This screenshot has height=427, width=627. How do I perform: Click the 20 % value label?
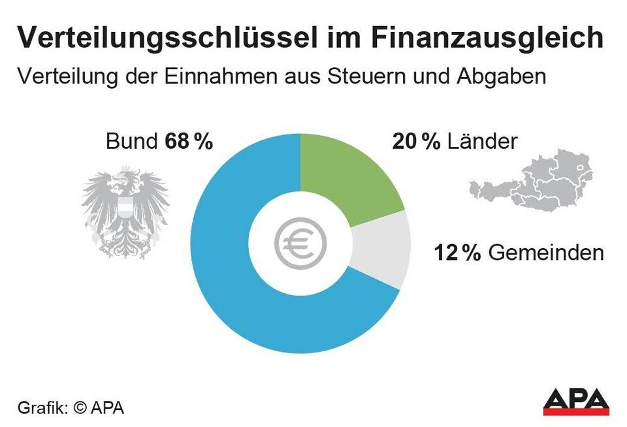(x=416, y=142)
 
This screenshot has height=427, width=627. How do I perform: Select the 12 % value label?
(x=457, y=253)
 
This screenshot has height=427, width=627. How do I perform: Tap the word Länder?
(x=483, y=142)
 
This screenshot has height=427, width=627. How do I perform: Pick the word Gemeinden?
(x=546, y=253)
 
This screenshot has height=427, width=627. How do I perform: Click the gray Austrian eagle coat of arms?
(x=125, y=212)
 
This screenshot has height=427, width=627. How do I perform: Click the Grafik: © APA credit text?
(x=71, y=409)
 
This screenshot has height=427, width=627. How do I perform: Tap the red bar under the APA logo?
(x=575, y=412)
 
